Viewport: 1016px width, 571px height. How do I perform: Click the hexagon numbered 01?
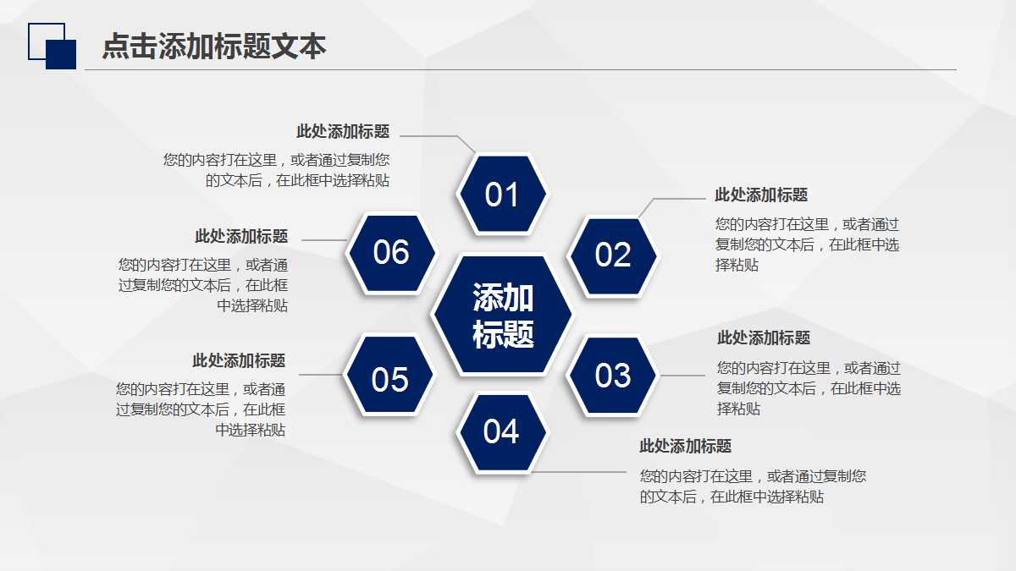502,195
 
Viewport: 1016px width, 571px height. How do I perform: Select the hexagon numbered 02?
613,255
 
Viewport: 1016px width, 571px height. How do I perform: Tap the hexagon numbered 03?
613,375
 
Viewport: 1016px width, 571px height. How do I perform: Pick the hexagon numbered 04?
501,432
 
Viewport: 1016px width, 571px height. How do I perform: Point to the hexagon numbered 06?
391,252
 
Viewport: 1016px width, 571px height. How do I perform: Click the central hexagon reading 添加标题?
503,316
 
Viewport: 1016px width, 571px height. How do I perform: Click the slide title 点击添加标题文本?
214,47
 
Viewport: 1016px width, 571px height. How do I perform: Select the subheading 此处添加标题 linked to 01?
343,131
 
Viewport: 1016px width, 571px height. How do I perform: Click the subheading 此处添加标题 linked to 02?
761,195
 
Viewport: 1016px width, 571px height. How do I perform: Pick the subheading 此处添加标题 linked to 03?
764,338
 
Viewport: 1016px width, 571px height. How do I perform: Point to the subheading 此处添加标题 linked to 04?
685,446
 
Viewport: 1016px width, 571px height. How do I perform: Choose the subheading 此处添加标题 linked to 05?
239,360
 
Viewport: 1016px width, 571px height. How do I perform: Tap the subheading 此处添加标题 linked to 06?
241,237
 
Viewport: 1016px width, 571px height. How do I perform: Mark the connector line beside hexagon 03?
682,376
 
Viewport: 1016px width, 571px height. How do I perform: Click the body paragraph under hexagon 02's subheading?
807,244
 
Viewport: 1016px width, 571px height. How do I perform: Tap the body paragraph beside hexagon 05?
201,409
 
